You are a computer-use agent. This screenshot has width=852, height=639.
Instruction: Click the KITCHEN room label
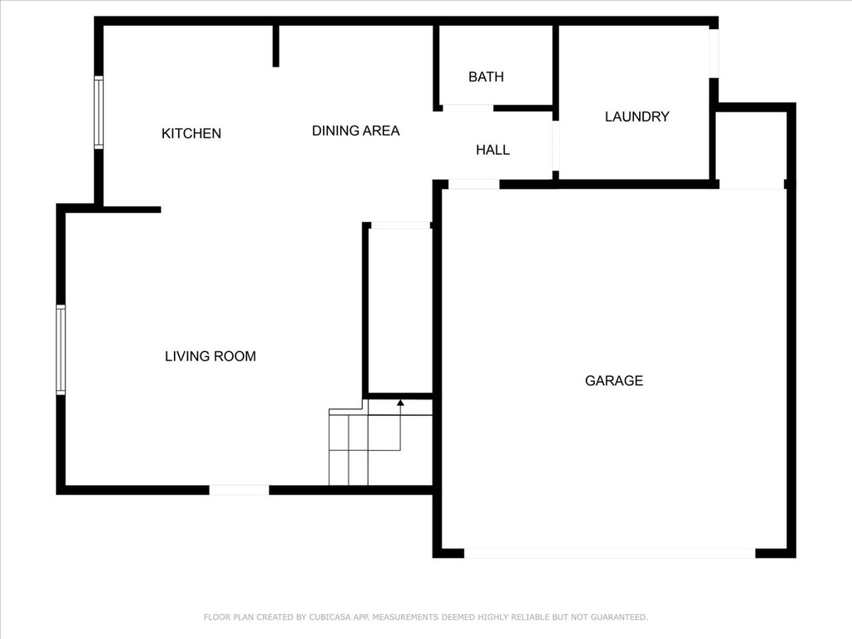click(191, 133)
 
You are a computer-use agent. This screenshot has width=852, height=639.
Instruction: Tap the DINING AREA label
click(356, 131)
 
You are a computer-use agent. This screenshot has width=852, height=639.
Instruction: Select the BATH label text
click(486, 77)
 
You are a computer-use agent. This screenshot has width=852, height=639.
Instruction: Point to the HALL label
click(493, 150)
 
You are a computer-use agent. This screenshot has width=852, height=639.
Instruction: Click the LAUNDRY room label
click(637, 116)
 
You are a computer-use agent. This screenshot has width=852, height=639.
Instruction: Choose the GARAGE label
click(614, 380)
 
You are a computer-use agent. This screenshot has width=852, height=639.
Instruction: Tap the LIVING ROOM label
click(211, 356)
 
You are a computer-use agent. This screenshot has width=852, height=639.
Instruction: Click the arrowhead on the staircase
click(400, 403)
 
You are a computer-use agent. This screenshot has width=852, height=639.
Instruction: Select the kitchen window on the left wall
click(98, 112)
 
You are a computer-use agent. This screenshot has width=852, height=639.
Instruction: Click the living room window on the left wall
click(61, 350)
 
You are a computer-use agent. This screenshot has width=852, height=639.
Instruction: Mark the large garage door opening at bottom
click(610, 553)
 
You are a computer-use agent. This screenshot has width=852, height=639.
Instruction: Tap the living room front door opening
click(239, 490)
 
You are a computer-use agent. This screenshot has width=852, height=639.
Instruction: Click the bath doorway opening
click(468, 107)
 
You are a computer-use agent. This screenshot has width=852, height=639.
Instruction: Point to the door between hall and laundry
click(555, 146)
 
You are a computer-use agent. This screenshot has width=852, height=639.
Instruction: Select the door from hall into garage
click(473, 185)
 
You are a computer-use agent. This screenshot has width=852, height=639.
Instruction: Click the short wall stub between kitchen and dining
click(276, 47)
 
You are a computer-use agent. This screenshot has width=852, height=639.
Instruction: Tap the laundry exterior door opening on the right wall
click(714, 53)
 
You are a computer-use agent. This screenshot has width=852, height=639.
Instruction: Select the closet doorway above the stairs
click(400, 225)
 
